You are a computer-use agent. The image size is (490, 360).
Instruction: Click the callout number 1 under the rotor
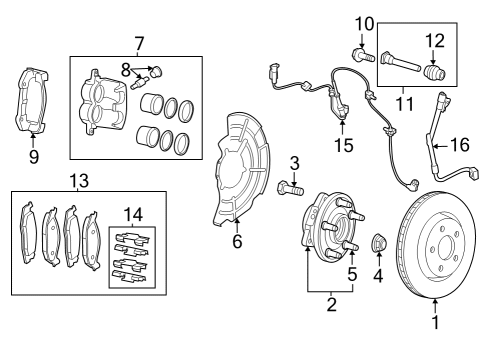(x=435, y=322)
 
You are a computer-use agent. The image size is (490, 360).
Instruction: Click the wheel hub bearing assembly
(x=325, y=236)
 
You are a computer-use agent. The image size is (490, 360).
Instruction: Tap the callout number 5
(x=352, y=273)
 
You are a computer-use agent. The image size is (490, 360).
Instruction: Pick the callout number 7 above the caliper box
(x=139, y=44)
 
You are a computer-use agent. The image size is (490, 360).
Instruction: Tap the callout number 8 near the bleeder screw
(x=126, y=69)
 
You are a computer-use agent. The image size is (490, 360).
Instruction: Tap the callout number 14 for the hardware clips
(x=131, y=215)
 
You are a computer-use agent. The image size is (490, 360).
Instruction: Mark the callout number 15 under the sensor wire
(x=343, y=146)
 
